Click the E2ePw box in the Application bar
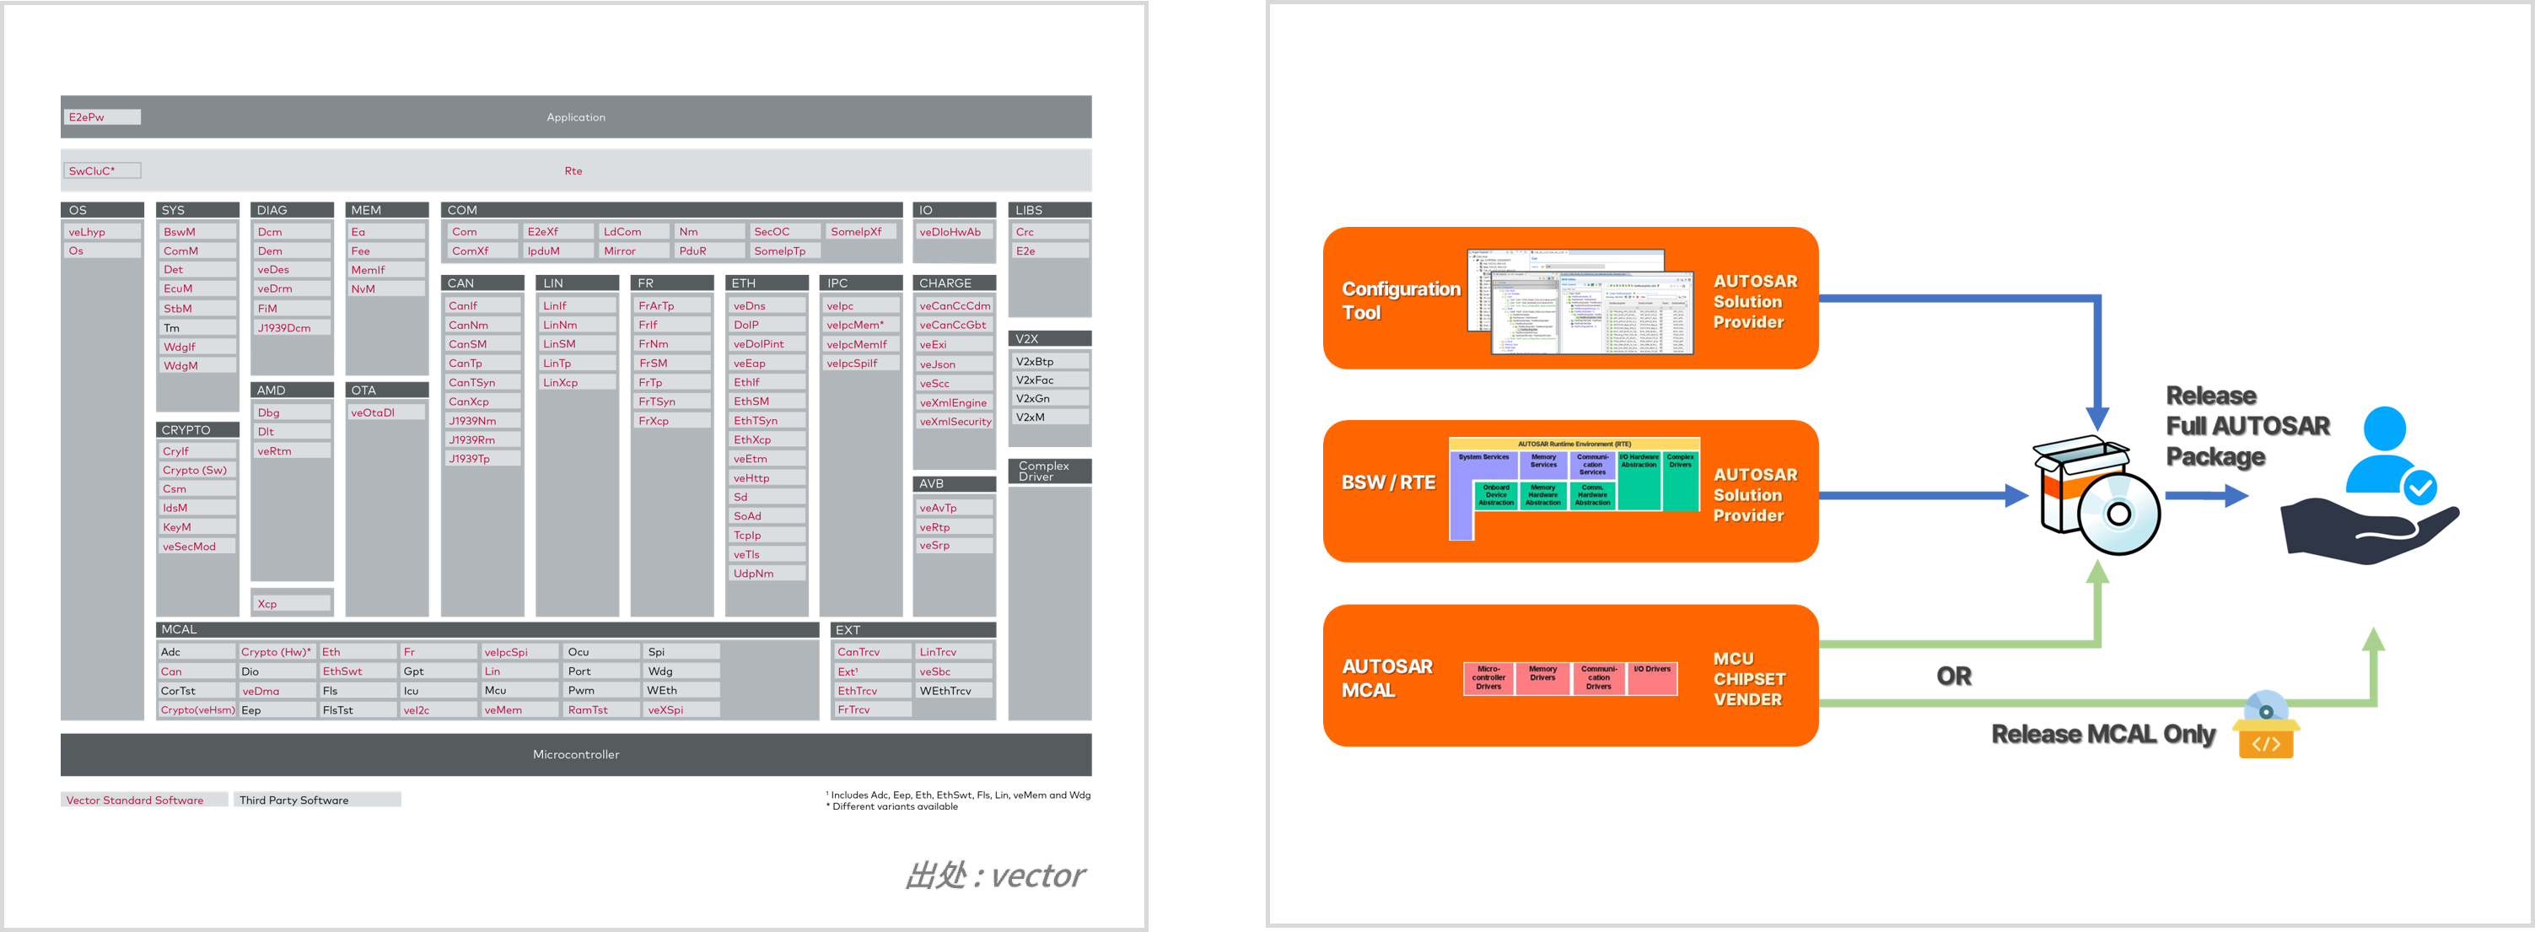(101, 117)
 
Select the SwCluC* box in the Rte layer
(102, 171)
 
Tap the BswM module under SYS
(196, 232)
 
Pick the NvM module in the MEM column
(385, 289)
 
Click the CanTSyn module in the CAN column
(482, 383)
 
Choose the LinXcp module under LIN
(576, 383)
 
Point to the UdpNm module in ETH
(767, 574)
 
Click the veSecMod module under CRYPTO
(196, 547)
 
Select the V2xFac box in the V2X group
(1049, 380)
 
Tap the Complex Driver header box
(1049, 471)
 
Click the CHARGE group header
(954, 283)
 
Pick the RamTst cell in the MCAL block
(600, 709)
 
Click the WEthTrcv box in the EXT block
(954, 691)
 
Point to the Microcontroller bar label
(576, 755)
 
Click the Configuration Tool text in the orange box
(1401, 300)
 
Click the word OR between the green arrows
(1953, 676)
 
